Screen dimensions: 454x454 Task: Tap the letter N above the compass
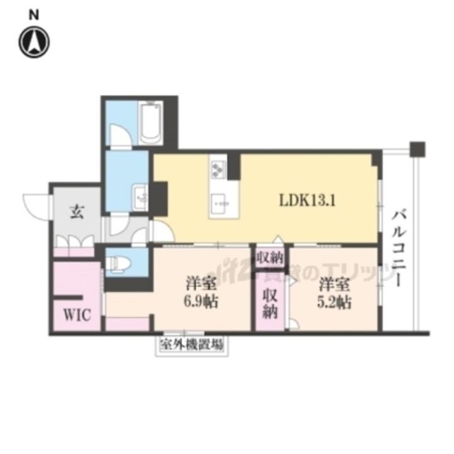tap(35, 14)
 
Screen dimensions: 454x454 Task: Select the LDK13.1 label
tap(307, 201)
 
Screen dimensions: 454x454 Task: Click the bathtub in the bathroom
tap(152, 122)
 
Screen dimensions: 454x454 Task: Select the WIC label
tap(75, 314)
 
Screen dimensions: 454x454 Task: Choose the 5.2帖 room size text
tap(334, 301)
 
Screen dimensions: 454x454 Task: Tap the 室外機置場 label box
tap(192, 345)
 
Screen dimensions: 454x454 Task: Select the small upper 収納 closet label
tap(270, 257)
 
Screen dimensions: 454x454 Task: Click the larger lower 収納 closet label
tap(270, 303)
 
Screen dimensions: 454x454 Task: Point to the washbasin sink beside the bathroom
tap(139, 195)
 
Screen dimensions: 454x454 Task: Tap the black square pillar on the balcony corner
tap(416, 149)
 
